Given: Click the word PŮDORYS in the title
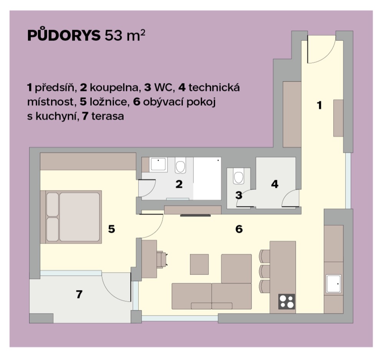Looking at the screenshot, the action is point(64,36).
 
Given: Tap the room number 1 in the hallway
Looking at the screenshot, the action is point(319,105).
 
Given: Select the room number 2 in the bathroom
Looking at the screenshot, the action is point(179,184).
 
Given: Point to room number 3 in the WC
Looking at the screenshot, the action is point(239,195).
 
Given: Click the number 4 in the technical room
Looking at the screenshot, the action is point(275,184).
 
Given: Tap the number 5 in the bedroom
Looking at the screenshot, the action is point(111,229).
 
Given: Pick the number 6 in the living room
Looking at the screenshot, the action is point(239,229).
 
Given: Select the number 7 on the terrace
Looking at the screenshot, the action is point(79,294).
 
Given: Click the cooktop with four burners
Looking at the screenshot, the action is point(286,302).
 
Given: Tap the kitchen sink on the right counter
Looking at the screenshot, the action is point(333,284).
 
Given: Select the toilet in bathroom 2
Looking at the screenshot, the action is point(180,165).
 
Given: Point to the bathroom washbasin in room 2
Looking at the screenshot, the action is point(158,164).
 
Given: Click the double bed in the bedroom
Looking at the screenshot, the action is point(71,217).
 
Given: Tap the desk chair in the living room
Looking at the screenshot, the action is point(162,259).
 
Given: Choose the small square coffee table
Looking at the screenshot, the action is point(199,264).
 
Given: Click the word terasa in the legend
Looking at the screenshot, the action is point(108,116).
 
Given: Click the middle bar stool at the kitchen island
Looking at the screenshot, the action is point(265,271).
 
